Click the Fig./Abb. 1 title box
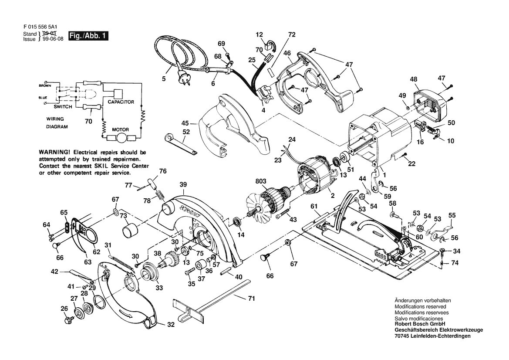pos(88,36)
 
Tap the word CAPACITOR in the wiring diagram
pos(121,102)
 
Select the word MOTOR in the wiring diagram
pos(121,129)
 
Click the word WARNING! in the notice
pos(54,152)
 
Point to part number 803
pos(261,181)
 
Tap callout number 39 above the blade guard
pos(183,184)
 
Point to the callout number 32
pos(171,324)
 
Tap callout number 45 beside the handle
pos(185,123)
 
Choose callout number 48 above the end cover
pos(413,79)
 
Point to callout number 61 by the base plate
pos(314,206)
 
